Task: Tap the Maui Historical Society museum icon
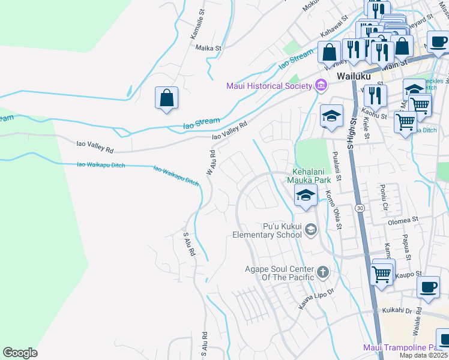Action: coord(321,86)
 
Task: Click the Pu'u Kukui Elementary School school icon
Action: coord(310,229)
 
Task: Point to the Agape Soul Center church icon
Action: coord(323,272)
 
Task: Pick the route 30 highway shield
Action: coord(360,208)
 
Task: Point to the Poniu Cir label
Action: coord(384,198)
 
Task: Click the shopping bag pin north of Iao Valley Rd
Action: coord(166,98)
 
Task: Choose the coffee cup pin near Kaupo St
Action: coord(428,286)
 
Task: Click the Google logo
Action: coord(20,353)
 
